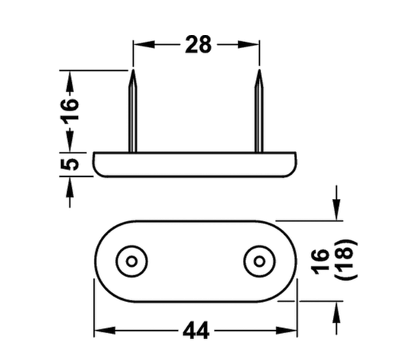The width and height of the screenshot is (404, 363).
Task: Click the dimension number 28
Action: pyautogui.click(x=198, y=45)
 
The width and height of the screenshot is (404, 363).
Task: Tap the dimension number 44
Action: pyautogui.click(x=196, y=330)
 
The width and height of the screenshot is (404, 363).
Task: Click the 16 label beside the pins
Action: pyautogui.click(x=69, y=111)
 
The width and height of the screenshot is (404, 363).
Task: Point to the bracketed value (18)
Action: pyautogui.click(x=346, y=259)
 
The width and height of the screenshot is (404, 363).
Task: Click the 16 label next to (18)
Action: pyautogui.click(x=320, y=262)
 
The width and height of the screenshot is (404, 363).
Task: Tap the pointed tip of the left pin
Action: pyautogui.click(x=133, y=69)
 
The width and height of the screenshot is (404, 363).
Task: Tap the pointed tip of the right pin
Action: pyautogui.click(x=259, y=69)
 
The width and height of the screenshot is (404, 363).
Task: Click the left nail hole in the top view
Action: pyautogui.click(x=131, y=262)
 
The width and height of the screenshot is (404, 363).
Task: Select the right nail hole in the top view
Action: pyautogui.click(x=259, y=262)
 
